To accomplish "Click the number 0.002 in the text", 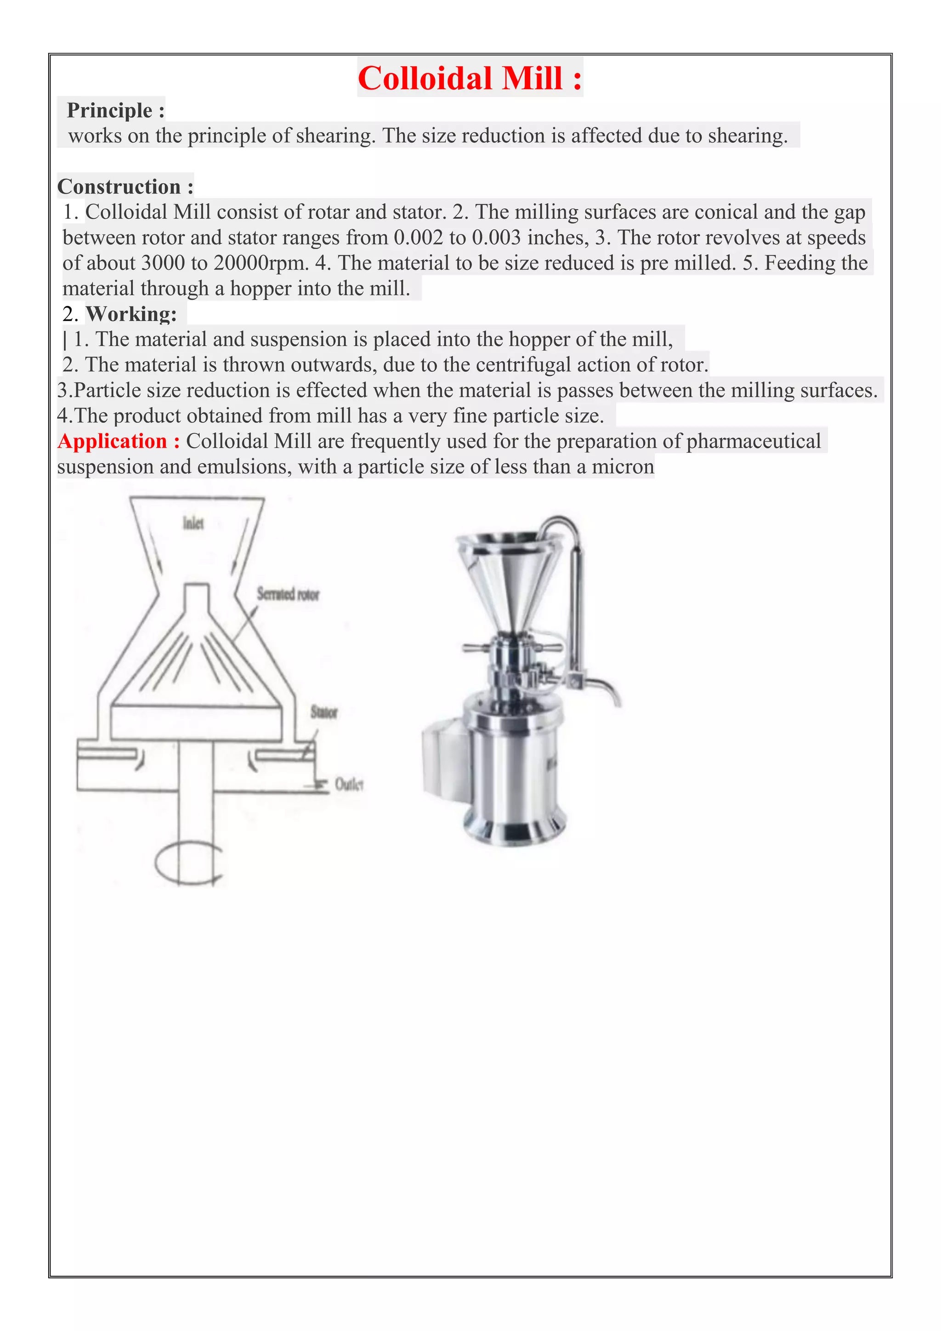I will [418, 238].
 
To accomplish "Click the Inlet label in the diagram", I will [193, 523].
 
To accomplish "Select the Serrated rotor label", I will [288, 594].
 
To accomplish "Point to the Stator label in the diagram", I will [323, 712].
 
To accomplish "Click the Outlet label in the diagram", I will [348, 785].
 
